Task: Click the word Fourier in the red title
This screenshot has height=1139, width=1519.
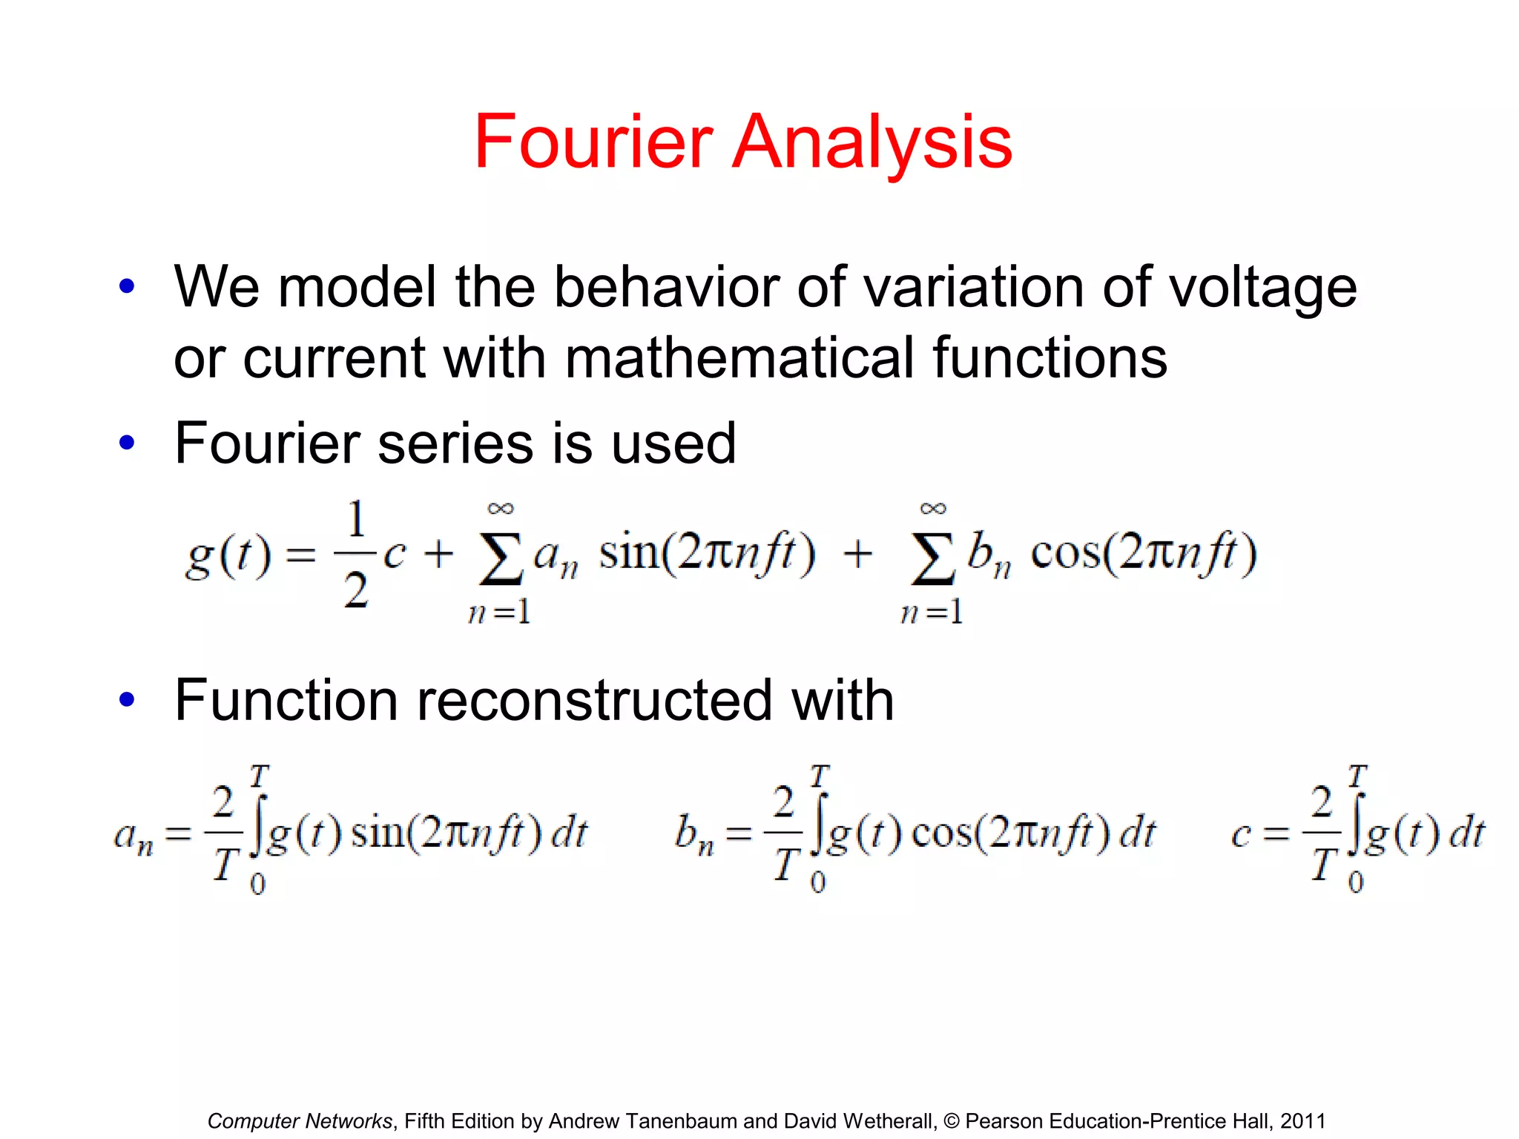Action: tap(593, 142)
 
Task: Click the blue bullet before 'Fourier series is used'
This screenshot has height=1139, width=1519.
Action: tap(127, 443)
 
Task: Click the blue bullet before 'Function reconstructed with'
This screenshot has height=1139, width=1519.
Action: tap(127, 699)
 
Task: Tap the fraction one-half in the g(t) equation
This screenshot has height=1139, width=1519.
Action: tap(356, 555)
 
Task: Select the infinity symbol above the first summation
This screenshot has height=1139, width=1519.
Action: tap(500, 509)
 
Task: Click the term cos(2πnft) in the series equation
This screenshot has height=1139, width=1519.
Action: tap(1143, 553)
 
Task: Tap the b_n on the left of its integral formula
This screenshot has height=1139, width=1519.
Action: tap(693, 835)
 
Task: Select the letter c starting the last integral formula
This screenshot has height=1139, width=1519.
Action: tap(1241, 835)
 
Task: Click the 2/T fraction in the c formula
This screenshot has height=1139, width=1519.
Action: tap(1322, 833)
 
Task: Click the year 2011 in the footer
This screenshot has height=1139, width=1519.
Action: tap(1302, 1120)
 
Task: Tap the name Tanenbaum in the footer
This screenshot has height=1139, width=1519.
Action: tap(682, 1120)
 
